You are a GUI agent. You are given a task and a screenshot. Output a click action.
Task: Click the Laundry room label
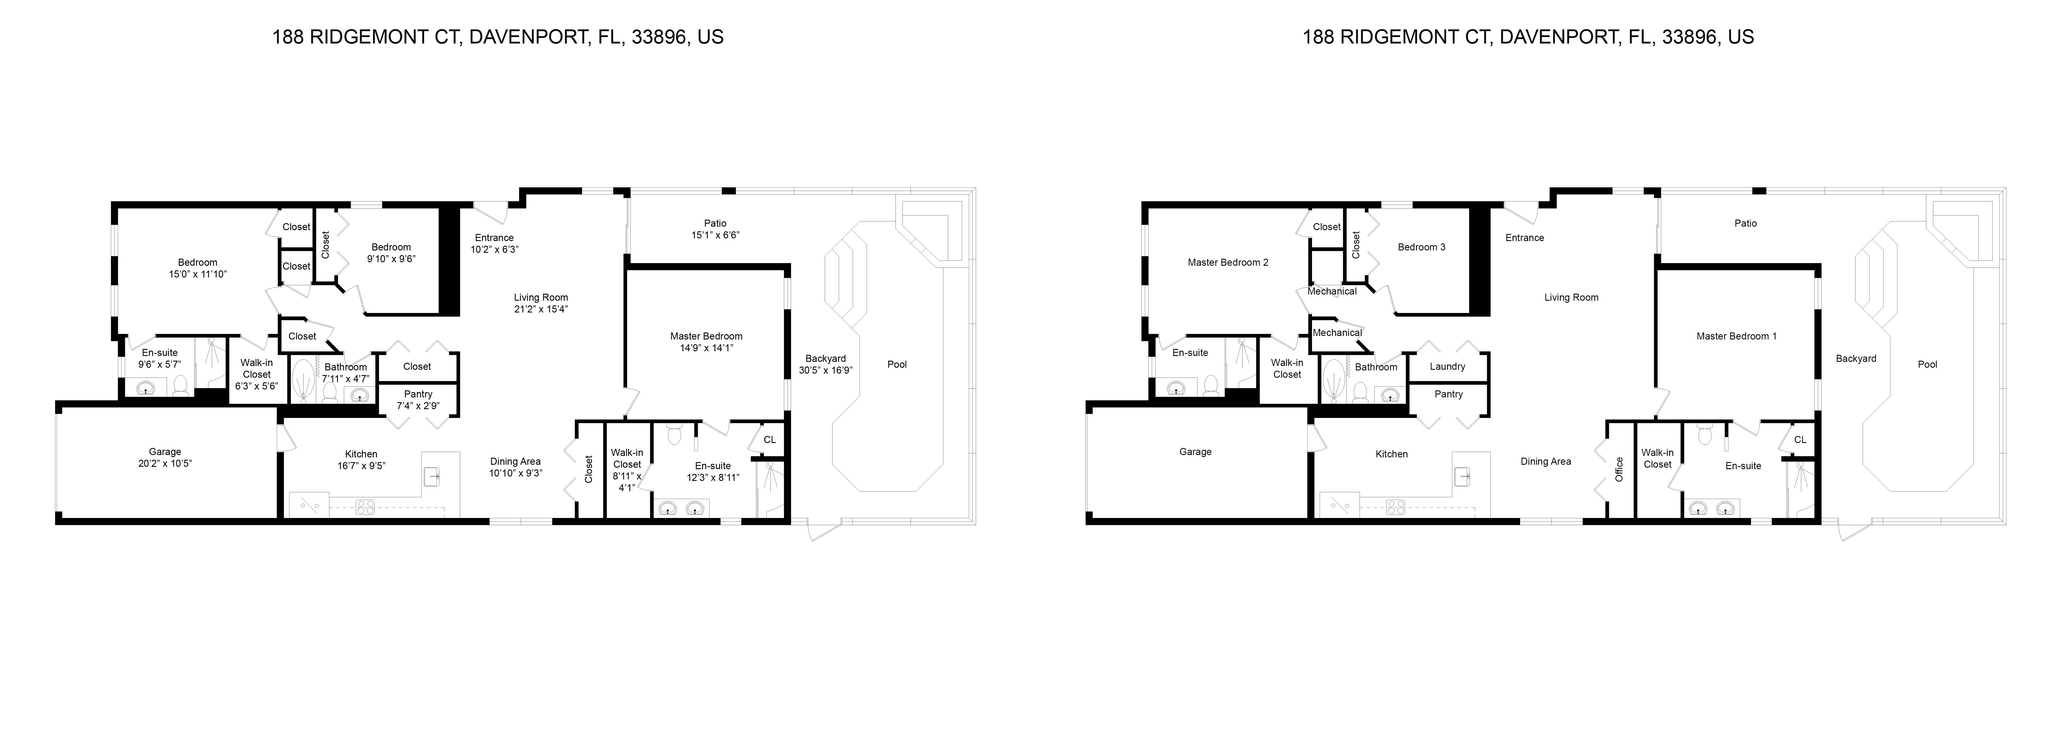(1447, 367)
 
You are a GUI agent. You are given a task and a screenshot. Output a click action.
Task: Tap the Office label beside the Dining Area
(1619, 469)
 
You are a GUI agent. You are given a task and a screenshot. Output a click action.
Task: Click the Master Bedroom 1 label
(1736, 336)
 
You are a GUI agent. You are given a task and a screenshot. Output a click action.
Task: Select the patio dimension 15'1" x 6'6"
(715, 235)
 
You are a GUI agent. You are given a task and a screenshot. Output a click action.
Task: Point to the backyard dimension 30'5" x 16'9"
(826, 370)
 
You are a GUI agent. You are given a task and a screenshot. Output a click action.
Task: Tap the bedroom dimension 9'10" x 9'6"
(391, 259)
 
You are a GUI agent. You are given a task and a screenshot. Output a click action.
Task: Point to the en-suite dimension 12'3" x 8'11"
(713, 478)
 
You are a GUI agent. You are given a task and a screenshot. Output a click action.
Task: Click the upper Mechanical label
(1331, 291)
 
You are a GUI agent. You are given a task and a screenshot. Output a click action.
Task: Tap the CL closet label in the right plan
(1799, 440)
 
